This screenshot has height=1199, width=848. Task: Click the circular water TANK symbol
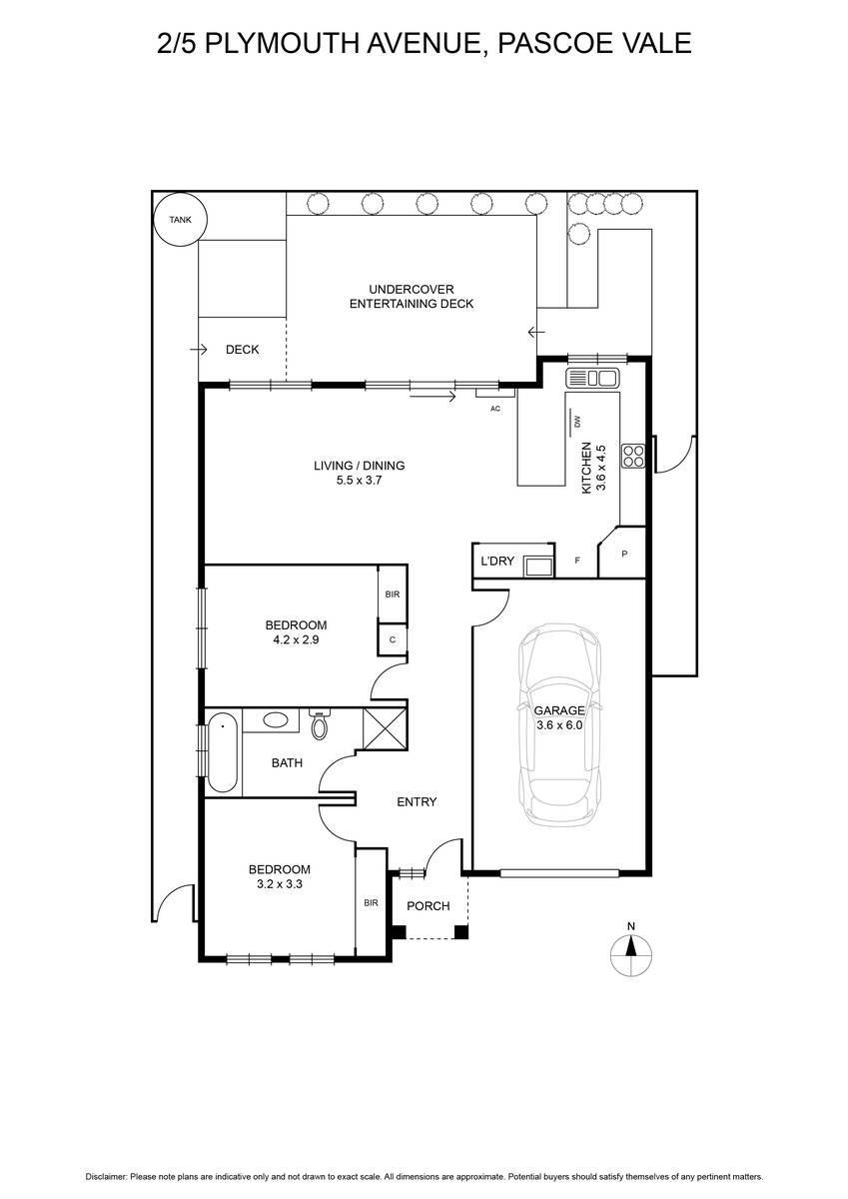tap(180, 220)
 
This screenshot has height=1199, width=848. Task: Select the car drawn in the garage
tap(559, 725)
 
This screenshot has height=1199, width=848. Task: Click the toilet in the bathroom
tap(320, 723)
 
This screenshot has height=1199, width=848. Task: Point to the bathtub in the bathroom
tap(223, 752)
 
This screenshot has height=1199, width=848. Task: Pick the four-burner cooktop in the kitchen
tap(633, 456)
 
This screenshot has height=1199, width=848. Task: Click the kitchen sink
tap(592, 378)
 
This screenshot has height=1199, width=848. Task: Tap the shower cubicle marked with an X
tap(385, 728)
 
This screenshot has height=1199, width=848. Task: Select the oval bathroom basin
tap(276, 719)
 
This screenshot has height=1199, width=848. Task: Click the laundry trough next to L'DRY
tap(538, 566)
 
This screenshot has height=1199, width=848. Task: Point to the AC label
tap(495, 409)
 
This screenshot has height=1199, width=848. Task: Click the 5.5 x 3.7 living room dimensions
tap(359, 481)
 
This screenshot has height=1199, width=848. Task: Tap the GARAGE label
tap(559, 710)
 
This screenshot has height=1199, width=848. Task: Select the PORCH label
tap(428, 905)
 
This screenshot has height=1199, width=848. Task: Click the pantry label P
tap(624, 555)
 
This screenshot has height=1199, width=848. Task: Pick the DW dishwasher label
tap(576, 422)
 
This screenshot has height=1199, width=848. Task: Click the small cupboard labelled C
tap(393, 639)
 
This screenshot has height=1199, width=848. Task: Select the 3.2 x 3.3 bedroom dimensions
tap(280, 883)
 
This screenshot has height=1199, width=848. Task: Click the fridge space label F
tap(577, 561)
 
